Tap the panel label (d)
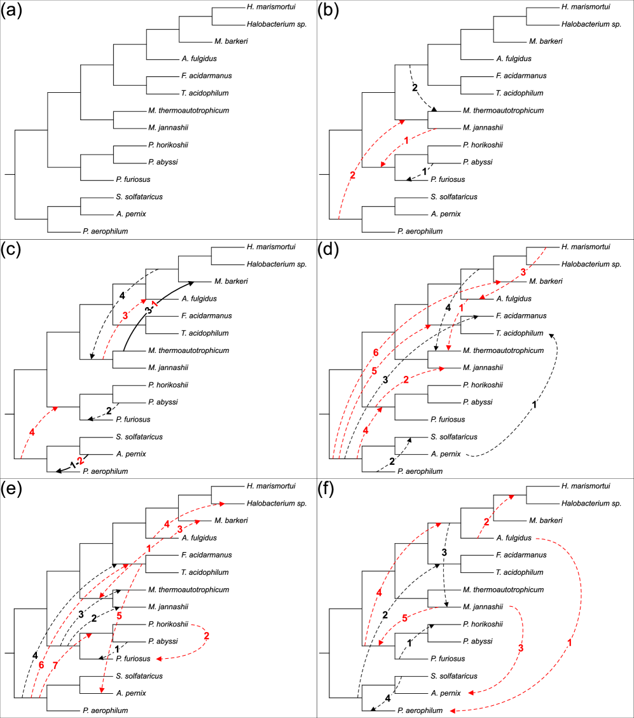point(329,251)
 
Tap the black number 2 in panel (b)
point(415,86)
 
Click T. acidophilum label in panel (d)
point(523,333)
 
